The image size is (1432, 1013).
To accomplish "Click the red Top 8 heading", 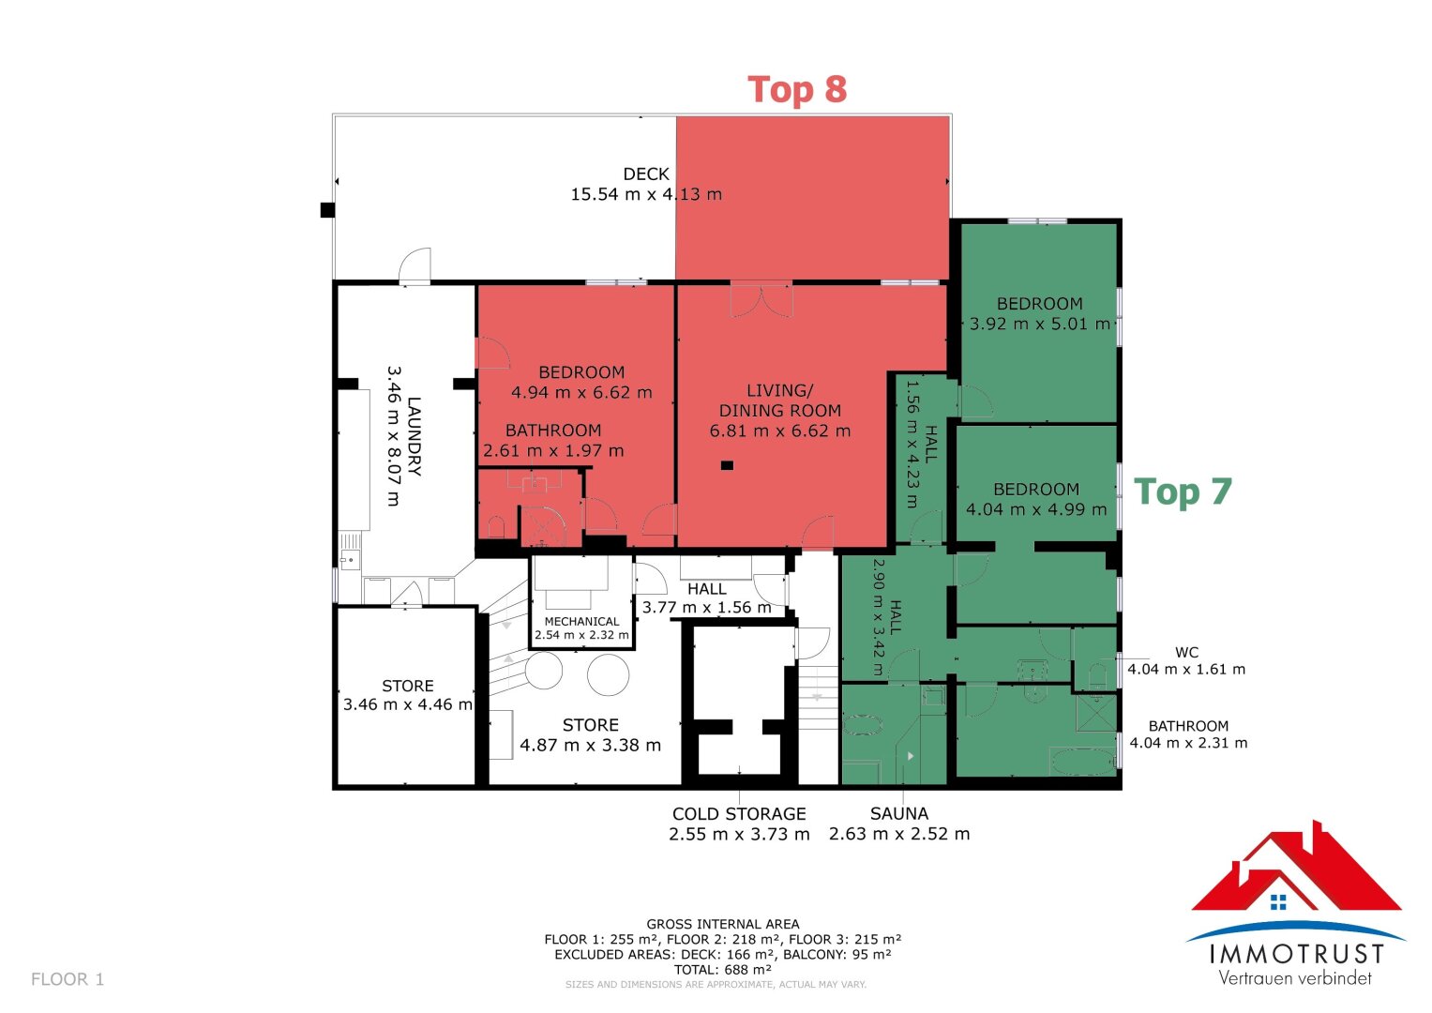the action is pos(796,89).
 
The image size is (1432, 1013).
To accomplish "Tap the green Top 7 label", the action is pos(1183,491).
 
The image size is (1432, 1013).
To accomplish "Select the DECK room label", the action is pos(646,174).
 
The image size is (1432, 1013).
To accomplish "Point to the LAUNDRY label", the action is pos(415,436).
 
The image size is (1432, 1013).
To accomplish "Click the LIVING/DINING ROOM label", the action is pos(780,401).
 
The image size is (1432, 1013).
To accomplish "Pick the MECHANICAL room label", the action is pos(581,621).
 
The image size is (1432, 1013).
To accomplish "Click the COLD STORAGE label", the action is pos(739,813).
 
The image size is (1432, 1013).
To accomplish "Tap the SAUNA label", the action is pos(898,813).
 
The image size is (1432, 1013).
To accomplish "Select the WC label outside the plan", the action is pos(1186,652).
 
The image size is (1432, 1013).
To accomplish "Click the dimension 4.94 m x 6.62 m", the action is pos(581,392).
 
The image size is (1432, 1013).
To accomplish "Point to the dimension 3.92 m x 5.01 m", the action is pos(1040,324).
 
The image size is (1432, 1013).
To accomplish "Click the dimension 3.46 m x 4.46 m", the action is pos(408,704).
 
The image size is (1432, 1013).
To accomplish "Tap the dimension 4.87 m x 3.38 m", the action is pos(590,745).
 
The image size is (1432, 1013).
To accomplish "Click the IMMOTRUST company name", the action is pos(1296,954).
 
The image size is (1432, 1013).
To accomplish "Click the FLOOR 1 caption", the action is pos(68,979).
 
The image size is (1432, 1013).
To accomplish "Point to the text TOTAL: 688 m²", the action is pos(722,970).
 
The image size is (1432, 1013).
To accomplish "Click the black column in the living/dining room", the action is pos(727,465).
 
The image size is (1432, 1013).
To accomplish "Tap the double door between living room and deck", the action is pos(761,299).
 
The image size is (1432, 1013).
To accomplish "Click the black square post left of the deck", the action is pos(327,210).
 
